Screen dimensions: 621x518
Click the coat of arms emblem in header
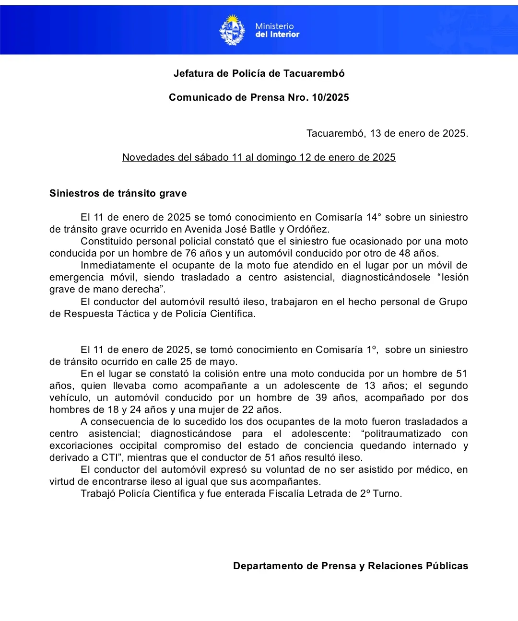pos(232,30)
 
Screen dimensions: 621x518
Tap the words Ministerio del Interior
pos(277,30)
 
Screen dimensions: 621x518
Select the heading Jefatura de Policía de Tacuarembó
pos(259,73)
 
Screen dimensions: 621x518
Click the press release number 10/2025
pos(330,97)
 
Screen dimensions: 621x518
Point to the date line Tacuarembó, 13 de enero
pos(387,133)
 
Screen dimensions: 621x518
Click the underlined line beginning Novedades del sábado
pos(259,157)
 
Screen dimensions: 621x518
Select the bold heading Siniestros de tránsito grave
pos(118,193)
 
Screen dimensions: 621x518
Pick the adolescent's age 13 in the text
pos(370,386)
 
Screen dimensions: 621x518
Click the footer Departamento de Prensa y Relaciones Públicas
pos(350,566)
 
